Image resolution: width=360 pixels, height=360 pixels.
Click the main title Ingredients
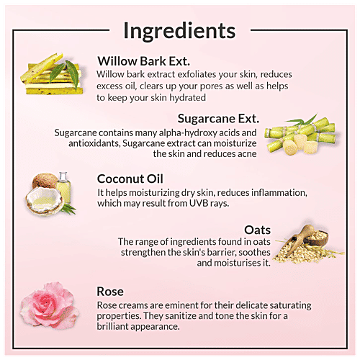[x=179, y=32]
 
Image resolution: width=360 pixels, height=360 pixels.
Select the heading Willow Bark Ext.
[x=144, y=61]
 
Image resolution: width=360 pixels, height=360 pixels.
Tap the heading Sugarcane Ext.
[x=218, y=118]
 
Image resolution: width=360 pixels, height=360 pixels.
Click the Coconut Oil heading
[x=130, y=179]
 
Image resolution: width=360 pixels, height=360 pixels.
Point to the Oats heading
[x=258, y=230]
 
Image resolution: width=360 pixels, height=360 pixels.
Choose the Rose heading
[x=110, y=292]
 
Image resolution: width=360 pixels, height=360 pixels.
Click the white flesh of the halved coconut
[x=45, y=199]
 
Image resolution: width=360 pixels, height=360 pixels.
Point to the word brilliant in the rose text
[x=112, y=326]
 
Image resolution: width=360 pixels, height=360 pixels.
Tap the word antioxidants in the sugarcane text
[x=94, y=143]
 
